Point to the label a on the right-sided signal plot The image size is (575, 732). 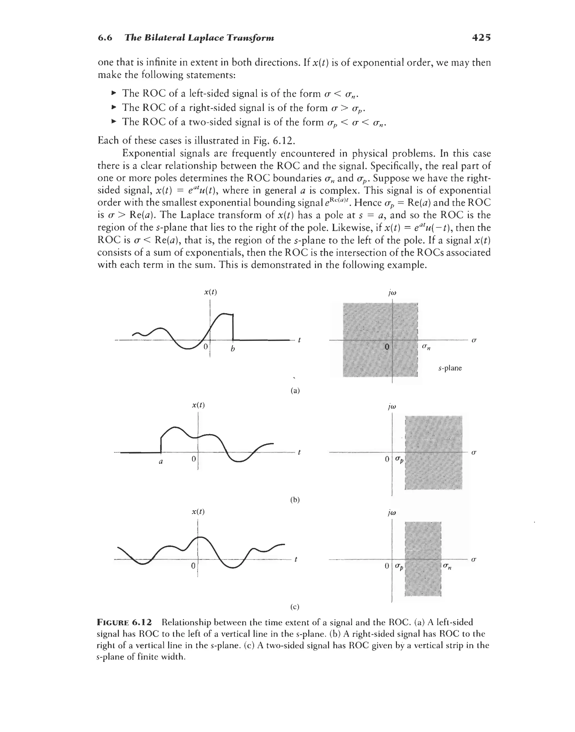161,462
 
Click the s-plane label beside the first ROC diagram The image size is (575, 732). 450,368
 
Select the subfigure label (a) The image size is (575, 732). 295,391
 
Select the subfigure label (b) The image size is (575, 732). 295,500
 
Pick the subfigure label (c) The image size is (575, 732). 295,607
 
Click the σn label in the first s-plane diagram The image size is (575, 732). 426,347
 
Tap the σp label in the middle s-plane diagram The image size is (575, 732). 399,459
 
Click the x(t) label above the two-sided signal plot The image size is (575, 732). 198,512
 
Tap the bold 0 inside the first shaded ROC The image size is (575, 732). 387,346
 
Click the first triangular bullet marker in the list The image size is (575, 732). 114,93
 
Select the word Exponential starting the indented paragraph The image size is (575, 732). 148,154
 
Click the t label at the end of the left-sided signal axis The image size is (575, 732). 299,340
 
